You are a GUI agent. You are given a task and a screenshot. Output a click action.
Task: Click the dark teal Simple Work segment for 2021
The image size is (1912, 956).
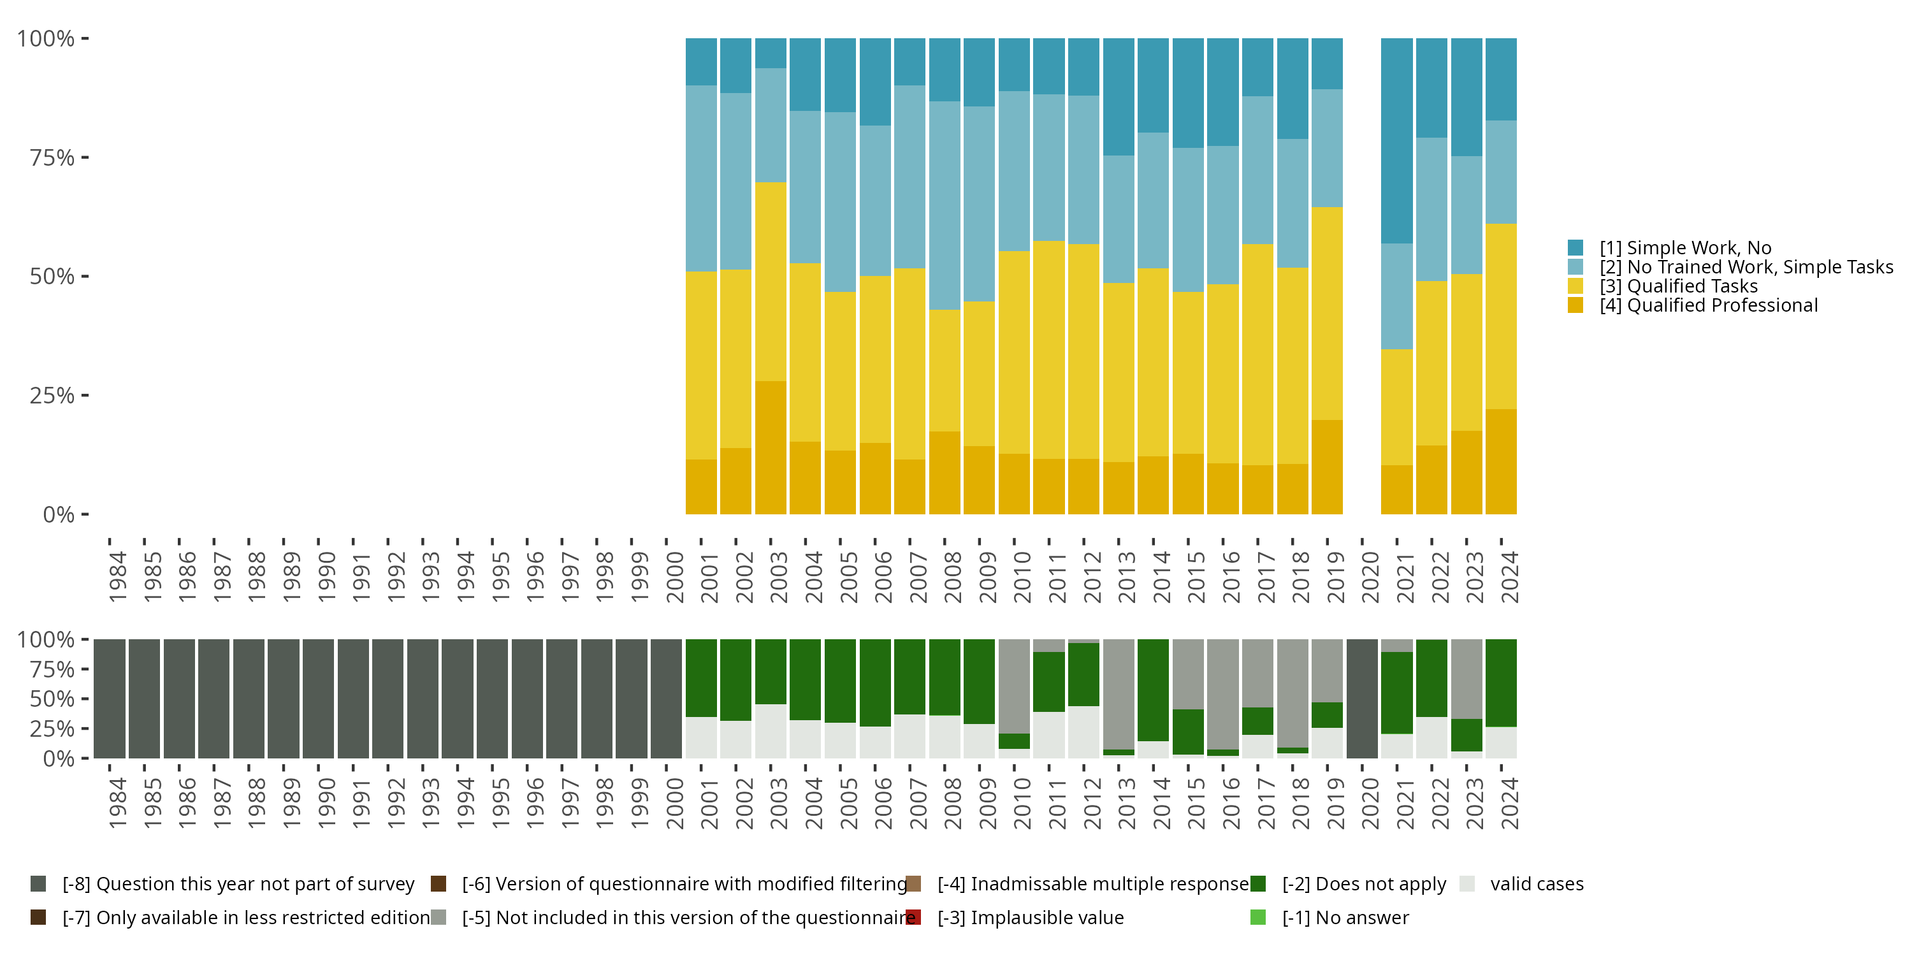click(x=1396, y=141)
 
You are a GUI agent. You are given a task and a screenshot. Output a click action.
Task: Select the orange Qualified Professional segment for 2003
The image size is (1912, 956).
click(x=771, y=447)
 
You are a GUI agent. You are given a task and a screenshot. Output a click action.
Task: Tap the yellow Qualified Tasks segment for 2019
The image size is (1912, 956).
click(x=1326, y=314)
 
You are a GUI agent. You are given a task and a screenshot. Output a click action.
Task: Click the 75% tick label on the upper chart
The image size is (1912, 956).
click(x=52, y=158)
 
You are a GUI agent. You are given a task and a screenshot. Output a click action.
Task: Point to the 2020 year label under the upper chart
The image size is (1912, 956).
click(x=1370, y=577)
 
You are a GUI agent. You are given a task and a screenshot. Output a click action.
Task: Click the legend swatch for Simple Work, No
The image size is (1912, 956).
click(x=1575, y=248)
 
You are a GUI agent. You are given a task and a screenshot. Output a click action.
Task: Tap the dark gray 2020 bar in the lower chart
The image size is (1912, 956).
click(x=1361, y=699)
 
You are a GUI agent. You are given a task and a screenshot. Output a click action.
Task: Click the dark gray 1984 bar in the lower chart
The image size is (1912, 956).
click(x=109, y=699)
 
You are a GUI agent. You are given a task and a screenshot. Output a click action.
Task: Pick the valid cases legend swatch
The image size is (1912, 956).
click(x=1466, y=884)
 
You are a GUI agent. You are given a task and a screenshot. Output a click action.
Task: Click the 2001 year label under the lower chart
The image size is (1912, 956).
click(x=709, y=803)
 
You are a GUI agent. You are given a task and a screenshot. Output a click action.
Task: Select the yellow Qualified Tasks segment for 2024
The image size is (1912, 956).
click(x=1501, y=316)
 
